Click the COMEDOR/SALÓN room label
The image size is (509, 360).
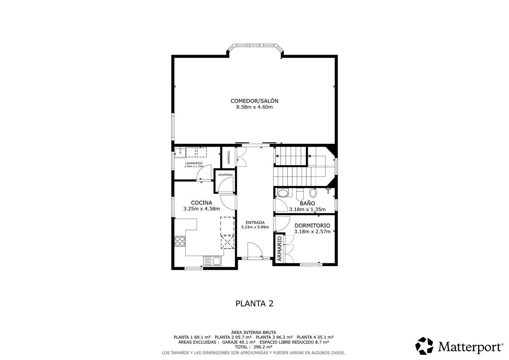tap(254, 101)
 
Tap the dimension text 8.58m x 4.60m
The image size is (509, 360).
tap(254, 107)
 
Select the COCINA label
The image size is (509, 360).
tap(202, 203)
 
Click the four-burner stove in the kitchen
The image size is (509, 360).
tap(180, 241)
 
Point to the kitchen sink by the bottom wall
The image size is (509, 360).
tap(212, 261)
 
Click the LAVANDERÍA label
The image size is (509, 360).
tap(194, 163)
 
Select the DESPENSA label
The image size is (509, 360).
tap(225, 175)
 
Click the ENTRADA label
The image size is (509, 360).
tap(255, 223)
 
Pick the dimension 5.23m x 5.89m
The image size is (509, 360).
tap(255, 227)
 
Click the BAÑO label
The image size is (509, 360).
tap(307, 204)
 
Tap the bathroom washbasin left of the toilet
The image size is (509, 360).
tap(282, 193)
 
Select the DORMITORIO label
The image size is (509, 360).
tap(312, 226)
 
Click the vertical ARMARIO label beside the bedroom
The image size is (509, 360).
tap(280, 248)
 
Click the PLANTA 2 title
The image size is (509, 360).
tap(254, 303)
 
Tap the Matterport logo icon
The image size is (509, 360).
tap(425, 346)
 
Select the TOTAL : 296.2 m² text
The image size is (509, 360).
tap(254, 347)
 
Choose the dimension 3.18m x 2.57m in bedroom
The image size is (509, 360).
tap(312, 232)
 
